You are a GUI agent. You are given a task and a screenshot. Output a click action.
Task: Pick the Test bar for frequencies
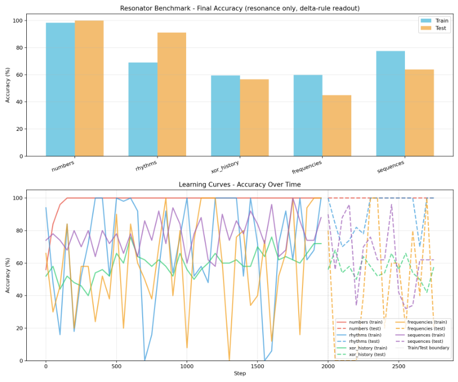pyautogui.click(x=337, y=126)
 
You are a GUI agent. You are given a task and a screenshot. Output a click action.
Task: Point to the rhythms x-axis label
pyautogui.click(x=146, y=166)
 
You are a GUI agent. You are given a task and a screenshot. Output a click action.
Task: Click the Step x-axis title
pyautogui.click(x=239, y=373)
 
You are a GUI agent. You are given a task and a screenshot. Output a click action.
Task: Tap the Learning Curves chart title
pyautogui.click(x=239, y=185)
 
